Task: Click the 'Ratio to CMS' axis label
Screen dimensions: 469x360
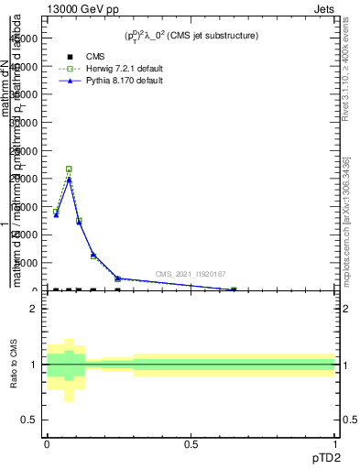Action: pyautogui.click(x=14, y=365)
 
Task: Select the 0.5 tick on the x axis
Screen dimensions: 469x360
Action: pyautogui.click(x=191, y=444)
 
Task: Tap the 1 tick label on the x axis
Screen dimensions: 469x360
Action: pyautogui.click(x=335, y=444)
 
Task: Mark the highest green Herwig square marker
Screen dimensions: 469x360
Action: pyautogui.click(x=69, y=169)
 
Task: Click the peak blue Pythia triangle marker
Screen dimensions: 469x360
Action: pyautogui.click(x=69, y=180)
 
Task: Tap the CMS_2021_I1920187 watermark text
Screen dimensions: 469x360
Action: pyautogui.click(x=190, y=274)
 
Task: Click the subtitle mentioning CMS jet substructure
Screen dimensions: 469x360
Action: pyautogui.click(x=191, y=36)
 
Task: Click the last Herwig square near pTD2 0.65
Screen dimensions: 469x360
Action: pyautogui.click(x=234, y=289)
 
